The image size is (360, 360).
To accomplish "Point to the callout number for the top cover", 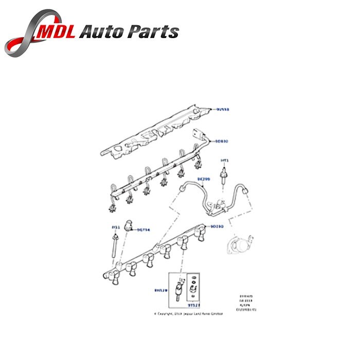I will pyautogui.click(x=223, y=109).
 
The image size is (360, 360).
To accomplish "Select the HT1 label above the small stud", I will pyautogui.click(x=224, y=160).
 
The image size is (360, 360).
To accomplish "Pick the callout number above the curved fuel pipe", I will pyautogui.click(x=205, y=179).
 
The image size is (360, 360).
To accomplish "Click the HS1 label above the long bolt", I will pyautogui.click(x=116, y=226).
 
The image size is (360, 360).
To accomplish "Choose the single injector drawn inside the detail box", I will pyautogui.click(x=181, y=288).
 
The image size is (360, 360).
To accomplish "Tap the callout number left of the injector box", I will pyautogui.click(x=160, y=291).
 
